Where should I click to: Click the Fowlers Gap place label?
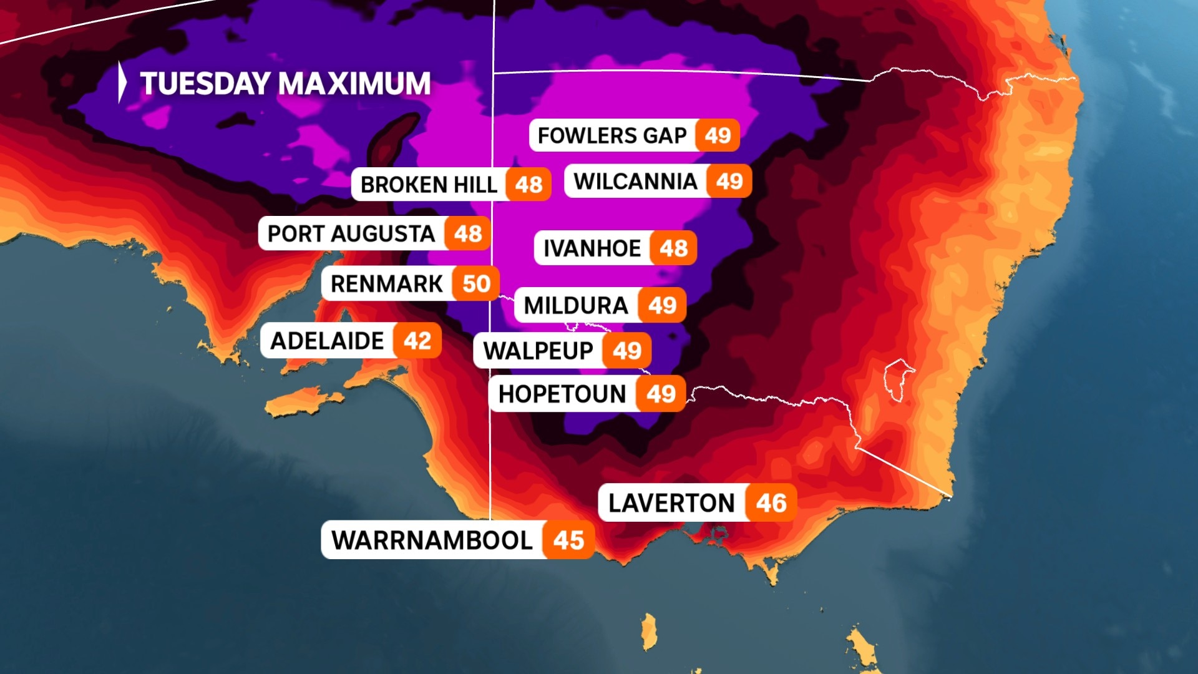coord(611,135)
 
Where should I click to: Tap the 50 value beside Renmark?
coord(476,284)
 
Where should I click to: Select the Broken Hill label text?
coord(429,185)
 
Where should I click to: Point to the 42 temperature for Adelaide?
coord(417,341)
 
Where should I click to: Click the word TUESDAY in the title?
coord(204,84)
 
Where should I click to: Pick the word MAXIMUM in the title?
coord(354,84)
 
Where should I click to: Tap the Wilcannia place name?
coord(635,182)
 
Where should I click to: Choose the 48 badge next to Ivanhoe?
coord(673,248)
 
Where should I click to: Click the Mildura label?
coord(575,306)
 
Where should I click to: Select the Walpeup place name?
coord(538,351)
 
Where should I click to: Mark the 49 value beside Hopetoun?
coord(661,394)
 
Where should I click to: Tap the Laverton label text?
coord(671,503)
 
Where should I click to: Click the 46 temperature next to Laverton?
coord(771,503)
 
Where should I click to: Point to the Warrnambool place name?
coord(432,540)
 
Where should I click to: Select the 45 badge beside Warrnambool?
coord(568,540)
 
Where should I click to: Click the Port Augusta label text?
coord(351,234)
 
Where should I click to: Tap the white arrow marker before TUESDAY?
coord(122,82)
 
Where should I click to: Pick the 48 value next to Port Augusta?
coord(467,234)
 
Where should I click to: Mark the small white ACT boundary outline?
coord(898,378)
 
